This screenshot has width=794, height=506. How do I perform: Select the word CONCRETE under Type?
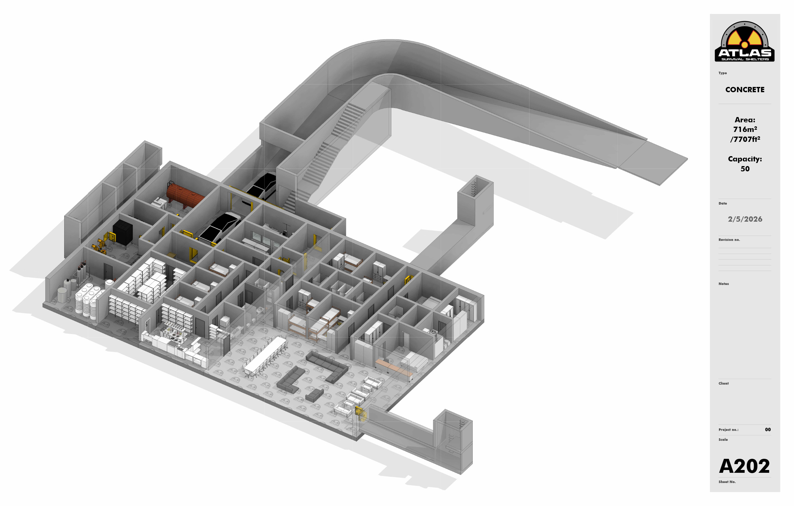coord(745,90)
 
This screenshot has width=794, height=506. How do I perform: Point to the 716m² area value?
coord(745,129)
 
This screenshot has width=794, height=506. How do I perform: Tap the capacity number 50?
coord(745,169)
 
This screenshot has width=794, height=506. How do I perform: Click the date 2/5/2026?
coord(745,219)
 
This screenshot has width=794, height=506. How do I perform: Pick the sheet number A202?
coord(744,466)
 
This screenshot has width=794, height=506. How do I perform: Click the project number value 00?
coord(768,429)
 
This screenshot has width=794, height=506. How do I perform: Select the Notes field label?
coord(723,284)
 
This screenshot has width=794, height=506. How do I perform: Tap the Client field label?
coord(723,384)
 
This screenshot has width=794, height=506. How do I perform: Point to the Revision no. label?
coord(729,240)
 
